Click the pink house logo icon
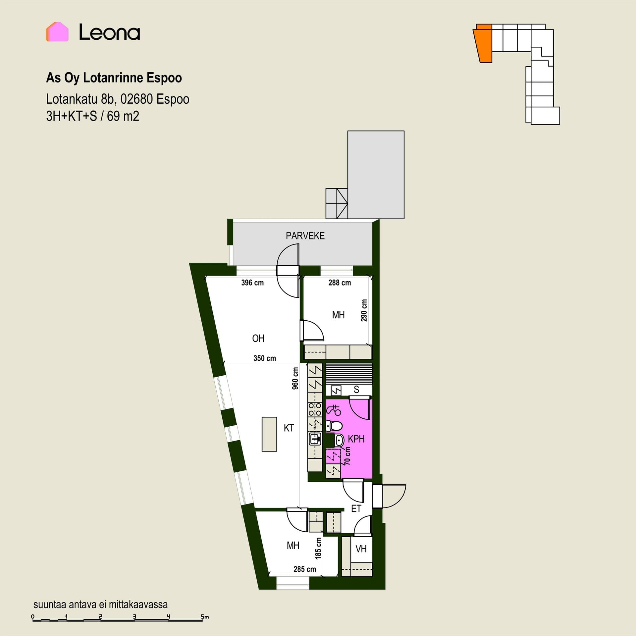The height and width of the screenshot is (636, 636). click(57, 32)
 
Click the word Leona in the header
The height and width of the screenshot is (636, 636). click(109, 32)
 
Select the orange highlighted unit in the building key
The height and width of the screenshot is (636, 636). click(483, 43)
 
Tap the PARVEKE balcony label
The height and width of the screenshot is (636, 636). click(305, 236)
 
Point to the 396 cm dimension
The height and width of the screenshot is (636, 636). click(252, 283)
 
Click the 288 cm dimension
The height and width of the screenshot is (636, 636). click(340, 283)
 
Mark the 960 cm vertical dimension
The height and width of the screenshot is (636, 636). click(295, 378)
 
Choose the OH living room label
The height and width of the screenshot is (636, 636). click(258, 338)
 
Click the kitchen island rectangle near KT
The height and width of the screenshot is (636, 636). click(269, 434)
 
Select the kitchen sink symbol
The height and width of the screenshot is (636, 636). click(315, 440)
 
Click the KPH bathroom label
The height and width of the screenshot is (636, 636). click(356, 439)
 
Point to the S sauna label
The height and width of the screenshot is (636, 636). click(356, 389)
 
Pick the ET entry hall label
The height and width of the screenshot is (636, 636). click(356, 508)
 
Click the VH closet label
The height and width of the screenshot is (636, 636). click(361, 549)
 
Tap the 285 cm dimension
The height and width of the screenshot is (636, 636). click(304, 569)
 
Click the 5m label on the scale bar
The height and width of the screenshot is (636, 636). click(205, 617)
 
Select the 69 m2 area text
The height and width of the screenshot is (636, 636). click(123, 116)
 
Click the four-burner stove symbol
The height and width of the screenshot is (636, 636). click(315, 409)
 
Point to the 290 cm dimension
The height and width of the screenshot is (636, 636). click(364, 310)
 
